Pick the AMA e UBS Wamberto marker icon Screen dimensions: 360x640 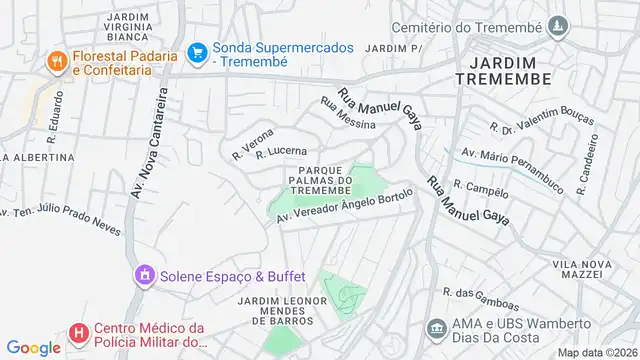click(436, 328)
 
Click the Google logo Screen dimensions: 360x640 click(33, 347)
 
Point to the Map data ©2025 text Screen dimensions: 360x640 click(596, 352)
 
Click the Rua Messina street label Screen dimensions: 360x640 click(347, 113)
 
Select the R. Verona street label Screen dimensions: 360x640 click(252, 143)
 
